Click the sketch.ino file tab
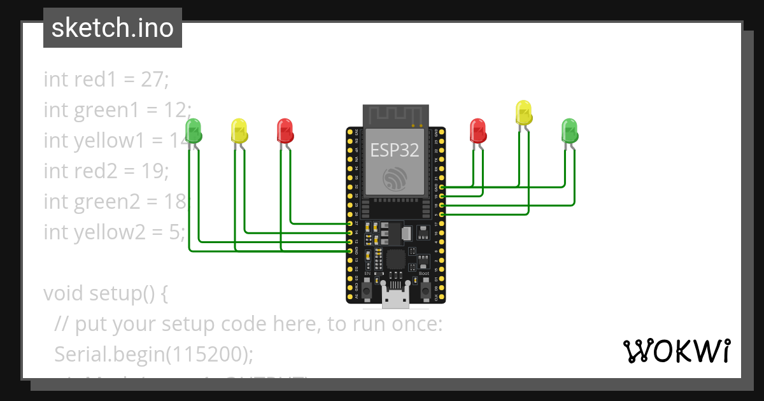point(112,28)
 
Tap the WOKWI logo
point(676,351)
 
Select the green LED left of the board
point(194,131)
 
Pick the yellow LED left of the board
point(239,131)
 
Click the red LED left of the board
point(285,131)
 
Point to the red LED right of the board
point(478,131)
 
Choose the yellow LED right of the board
point(523,113)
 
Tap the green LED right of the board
point(569,131)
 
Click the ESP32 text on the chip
point(395,151)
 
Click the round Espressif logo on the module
point(395,179)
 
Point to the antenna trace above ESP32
point(395,115)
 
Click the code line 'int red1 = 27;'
point(106,80)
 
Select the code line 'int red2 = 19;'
point(106,171)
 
